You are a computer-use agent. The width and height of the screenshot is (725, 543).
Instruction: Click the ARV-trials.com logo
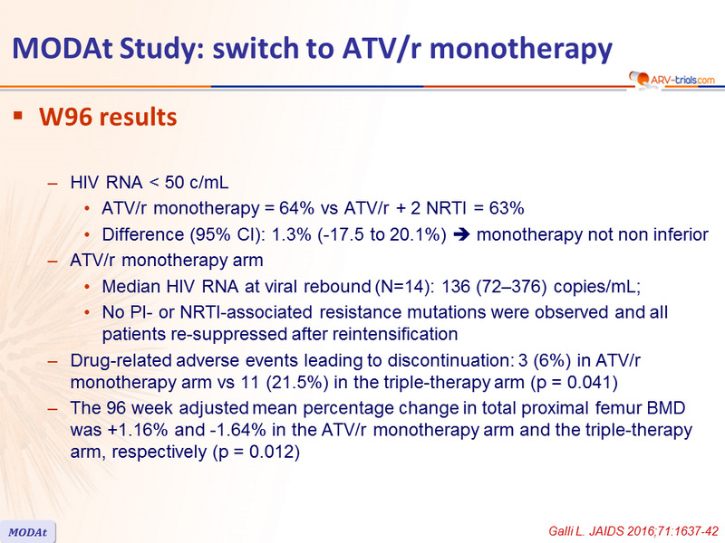(672, 80)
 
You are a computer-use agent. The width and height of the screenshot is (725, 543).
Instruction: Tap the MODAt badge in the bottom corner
(28, 532)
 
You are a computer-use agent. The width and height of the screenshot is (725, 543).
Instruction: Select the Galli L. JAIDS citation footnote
(633, 531)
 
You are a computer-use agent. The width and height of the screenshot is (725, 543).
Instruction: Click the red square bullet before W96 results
(18, 116)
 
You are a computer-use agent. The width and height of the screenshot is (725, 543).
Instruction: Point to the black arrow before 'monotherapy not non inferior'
(461, 234)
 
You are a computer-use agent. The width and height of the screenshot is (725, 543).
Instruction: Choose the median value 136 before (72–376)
(456, 287)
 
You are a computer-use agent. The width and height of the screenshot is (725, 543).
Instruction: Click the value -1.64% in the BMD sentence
(237, 430)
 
